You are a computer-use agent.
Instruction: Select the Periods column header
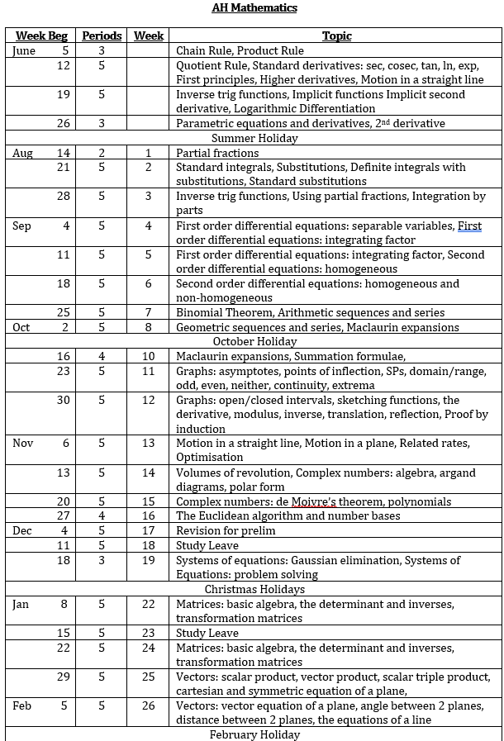(102, 36)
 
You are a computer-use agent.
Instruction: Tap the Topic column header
(336, 36)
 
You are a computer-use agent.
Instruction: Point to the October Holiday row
(254, 341)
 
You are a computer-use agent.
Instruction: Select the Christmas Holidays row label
(254, 589)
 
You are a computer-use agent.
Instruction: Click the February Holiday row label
(254, 734)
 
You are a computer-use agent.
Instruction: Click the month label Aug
(23, 153)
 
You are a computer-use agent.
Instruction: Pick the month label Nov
(23, 443)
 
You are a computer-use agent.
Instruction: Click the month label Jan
(21, 604)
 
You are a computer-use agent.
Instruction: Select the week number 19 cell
(149, 560)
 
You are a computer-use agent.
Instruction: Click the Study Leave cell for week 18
(207, 545)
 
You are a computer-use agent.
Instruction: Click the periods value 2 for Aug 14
(102, 153)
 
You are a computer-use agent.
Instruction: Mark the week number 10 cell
(149, 356)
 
